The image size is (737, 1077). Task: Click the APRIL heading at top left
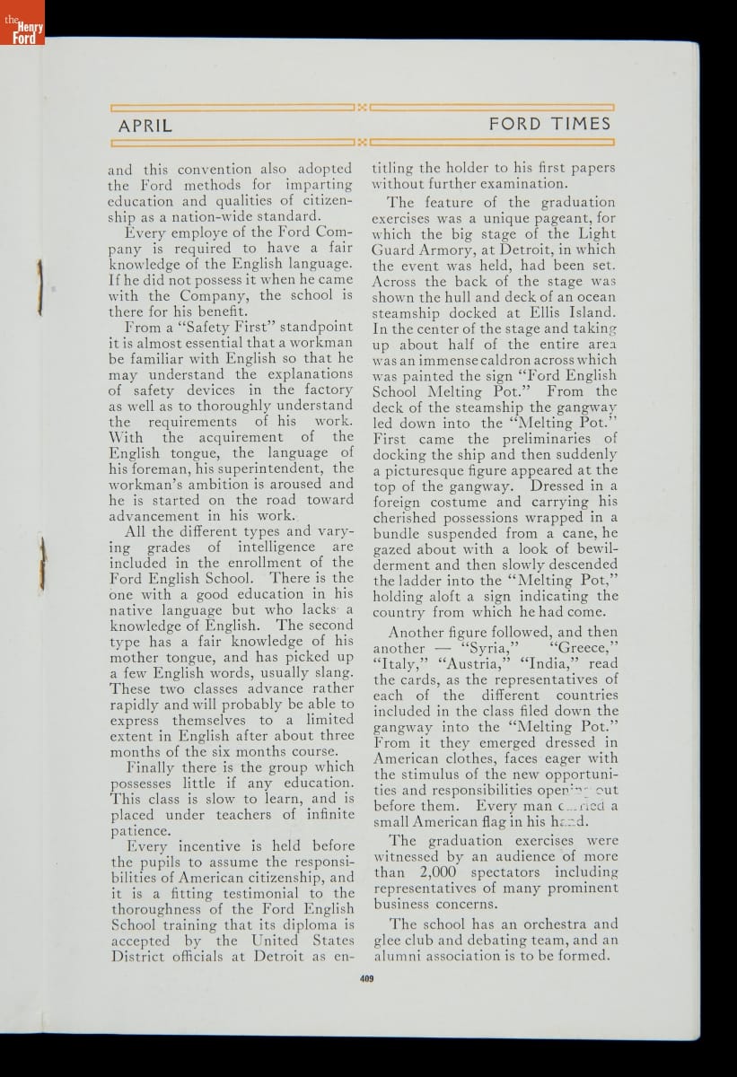click(145, 126)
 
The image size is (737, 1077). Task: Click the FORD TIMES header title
click(549, 125)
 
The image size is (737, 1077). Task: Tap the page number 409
click(366, 978)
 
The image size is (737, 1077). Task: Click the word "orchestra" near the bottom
click(540, 924)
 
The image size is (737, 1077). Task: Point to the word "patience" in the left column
click(139, 831)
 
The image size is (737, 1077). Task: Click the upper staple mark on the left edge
click(39, 287)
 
